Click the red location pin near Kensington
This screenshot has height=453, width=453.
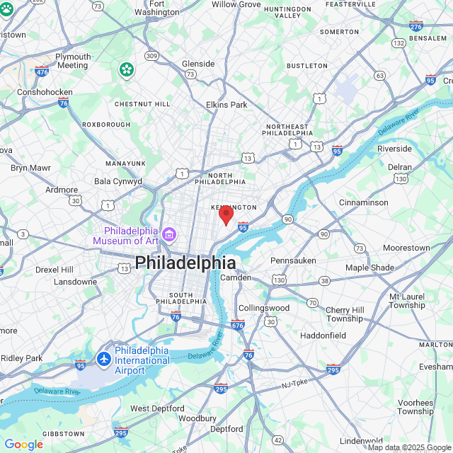point(226,214)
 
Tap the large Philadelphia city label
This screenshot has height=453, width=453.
point(185,263)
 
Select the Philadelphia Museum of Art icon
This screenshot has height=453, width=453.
point(169,234)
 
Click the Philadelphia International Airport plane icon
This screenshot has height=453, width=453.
point(105,358)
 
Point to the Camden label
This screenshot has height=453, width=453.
point(236,277)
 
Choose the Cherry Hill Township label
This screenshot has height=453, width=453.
point(344,314)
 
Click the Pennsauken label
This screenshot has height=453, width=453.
point(293,260)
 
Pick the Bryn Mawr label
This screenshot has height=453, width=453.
point(30,168)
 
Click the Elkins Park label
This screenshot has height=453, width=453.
point(226,105)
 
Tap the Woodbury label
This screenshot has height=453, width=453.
point(197,418)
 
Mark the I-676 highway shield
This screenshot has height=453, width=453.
point(237,325)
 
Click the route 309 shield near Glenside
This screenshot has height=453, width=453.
point(151,55)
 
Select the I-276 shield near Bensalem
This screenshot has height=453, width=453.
point(416,27)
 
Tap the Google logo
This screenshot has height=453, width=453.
point(23,445)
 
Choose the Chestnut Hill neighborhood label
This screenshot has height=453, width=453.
point(142,104)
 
